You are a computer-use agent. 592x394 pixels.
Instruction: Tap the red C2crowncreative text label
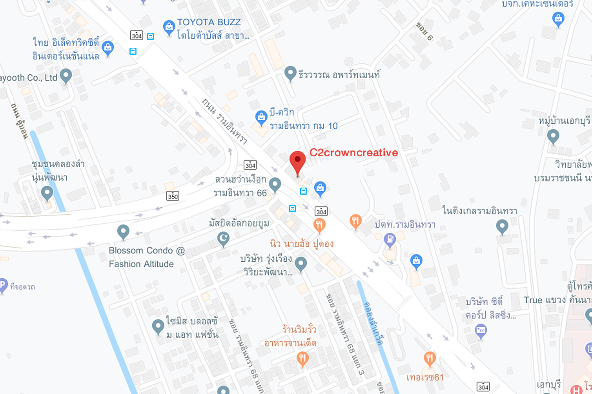click(x=354, y=152)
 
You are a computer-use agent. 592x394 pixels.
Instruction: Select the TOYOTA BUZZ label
click(x=208, y=22)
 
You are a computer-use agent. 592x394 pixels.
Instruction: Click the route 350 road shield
click(x=173, y=196)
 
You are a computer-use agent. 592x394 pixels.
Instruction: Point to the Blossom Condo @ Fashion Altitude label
click(x=146, y=257)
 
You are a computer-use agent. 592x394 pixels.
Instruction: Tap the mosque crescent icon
click(x=223, y=239)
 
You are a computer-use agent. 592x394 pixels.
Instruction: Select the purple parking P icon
click(x=2, y=286)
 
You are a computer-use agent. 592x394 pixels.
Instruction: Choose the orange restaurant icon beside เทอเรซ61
click(x=429, y=359)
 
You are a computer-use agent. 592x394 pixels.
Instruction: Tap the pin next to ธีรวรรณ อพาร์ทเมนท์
click(x=290, y=73)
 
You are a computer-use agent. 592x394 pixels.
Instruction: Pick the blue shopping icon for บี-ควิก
click(x=261, y=117)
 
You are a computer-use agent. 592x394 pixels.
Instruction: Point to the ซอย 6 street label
click(x=424, y=31)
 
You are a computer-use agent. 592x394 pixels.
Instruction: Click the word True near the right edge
click(x=533, y=300)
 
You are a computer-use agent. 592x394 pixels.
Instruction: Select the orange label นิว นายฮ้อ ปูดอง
click(x=301, y=244)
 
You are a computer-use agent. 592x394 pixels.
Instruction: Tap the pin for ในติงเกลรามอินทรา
click(x=502, y=227)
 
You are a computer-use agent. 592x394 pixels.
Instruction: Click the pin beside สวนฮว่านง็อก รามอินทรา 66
click(x=275, y=184)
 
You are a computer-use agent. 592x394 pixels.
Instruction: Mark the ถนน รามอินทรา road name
click(x=224, y=120)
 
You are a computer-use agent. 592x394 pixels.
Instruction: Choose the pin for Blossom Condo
click(x=123, y=231)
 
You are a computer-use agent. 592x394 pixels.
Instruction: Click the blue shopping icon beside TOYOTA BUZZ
click(x=169, y=27)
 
